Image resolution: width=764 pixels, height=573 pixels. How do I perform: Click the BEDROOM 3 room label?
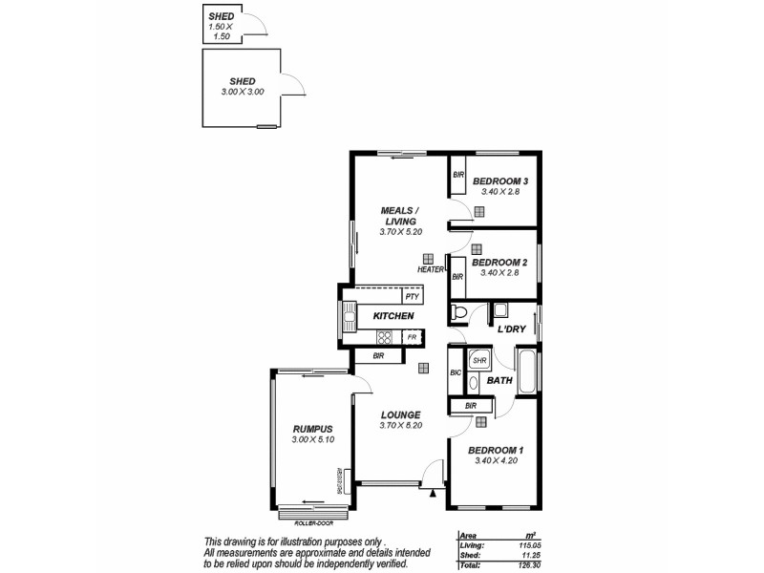500,181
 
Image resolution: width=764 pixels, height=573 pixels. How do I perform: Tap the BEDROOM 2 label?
499,263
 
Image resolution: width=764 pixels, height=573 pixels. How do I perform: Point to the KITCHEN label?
393,316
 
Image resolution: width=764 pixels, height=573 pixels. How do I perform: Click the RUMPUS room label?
312,429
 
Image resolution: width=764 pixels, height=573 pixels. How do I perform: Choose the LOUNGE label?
400,415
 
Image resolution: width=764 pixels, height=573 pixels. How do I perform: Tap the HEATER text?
431,270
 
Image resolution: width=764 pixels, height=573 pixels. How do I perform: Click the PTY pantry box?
412,297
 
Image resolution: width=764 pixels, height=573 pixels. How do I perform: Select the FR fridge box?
412,337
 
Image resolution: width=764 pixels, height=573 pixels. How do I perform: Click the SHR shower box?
479,360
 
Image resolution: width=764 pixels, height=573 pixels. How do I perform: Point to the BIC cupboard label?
456,371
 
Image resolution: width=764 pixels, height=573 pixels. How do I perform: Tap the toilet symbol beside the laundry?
459,312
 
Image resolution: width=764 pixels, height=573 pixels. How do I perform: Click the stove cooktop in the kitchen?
385,337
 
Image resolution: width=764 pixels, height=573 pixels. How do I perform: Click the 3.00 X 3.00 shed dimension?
242,92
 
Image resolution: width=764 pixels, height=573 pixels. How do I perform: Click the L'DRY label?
512,329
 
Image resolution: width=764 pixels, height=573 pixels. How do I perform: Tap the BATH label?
499,381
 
